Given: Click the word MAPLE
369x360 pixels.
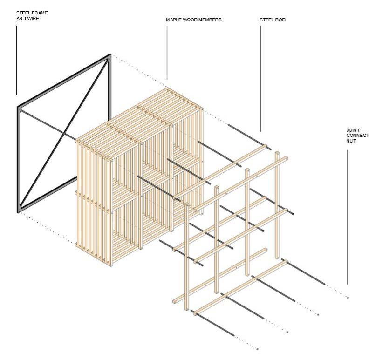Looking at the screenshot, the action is pos(173,20).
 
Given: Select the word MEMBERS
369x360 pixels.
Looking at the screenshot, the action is pos(209,20).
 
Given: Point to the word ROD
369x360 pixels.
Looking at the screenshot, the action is pos(280,20).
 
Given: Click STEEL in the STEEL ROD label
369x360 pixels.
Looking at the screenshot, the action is pos(266,20).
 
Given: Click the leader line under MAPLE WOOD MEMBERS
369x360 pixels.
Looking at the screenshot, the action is pos(167,51).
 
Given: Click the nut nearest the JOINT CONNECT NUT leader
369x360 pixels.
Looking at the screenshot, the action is pos(348,297).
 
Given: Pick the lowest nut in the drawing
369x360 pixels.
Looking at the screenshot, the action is pos(257,349).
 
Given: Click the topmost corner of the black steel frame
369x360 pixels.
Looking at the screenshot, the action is pos(110,55).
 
